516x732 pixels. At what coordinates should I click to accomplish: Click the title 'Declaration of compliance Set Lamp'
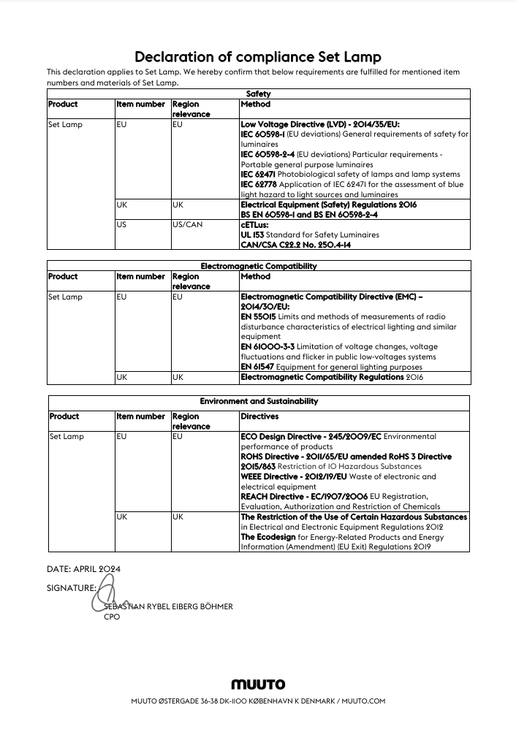tap(258, 57)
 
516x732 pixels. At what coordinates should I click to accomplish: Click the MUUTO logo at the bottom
tap(258, 685)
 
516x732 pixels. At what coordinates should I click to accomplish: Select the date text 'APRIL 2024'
tap(97, 568)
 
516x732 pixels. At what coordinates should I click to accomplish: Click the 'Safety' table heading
tap(258, 94)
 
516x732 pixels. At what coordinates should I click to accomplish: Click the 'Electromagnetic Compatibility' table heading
tap(258, 267)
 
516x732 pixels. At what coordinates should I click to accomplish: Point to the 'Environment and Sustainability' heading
tap(259, 401)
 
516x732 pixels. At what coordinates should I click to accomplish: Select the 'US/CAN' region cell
tap(187, 225)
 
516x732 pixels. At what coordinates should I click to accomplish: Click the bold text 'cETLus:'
tap(254, 225)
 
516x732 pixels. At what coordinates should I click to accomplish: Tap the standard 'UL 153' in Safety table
tap(252, 235)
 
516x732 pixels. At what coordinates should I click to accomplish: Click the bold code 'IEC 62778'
tap(258, 185)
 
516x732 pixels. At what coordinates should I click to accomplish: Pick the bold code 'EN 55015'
tap(258, 317)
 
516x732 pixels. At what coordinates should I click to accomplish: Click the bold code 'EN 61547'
tap(258, 367)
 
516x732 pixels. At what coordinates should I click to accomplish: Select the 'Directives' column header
tap(259, 416)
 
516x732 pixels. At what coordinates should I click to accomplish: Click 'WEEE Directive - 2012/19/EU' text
tap(294, 476)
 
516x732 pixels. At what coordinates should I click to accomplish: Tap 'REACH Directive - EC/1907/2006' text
tap(304, 496)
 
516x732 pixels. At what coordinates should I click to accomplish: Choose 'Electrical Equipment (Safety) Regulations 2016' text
tap(328, 205)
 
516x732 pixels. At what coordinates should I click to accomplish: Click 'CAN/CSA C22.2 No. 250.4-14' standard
tap(295, 245)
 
